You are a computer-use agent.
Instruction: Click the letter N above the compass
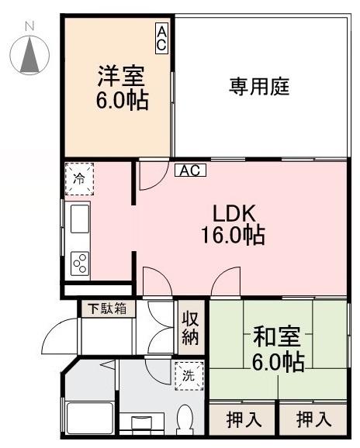click(29, 26)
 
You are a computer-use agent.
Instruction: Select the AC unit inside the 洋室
click(161, 38)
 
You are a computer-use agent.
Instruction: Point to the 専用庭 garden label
click(258, 87)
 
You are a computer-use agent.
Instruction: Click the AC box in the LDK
click(189, 171)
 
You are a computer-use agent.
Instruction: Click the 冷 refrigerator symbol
click(78, 178)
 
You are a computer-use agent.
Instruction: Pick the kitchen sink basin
click(81, 218)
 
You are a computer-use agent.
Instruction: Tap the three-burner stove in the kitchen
click(80, 264)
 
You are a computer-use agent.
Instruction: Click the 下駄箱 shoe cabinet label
click(107, 308)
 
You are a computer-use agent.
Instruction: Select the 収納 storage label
click(190, 327)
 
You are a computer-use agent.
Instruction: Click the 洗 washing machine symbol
click(188, 375)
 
